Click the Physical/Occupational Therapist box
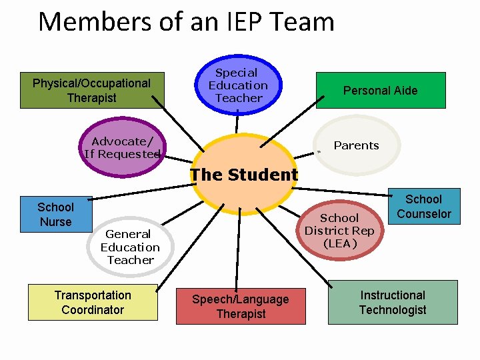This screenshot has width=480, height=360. [91, 91]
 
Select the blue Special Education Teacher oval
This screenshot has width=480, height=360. [238, 85]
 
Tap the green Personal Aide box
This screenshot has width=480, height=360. [380, 91]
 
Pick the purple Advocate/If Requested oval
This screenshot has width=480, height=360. [122, 147]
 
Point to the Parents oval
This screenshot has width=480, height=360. [357, 145]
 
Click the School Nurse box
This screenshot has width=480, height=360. [56, 215]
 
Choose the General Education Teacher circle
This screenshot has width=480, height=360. [130, 247]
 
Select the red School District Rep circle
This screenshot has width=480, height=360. [340, 231]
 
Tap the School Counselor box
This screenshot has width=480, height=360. [423, 207]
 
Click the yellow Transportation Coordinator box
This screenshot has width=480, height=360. [93, 302]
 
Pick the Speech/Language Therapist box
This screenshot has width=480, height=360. [241, 307]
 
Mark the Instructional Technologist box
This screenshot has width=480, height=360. [393, 302]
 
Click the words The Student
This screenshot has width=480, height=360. [244, 175]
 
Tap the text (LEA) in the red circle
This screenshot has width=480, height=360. [340, 243]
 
